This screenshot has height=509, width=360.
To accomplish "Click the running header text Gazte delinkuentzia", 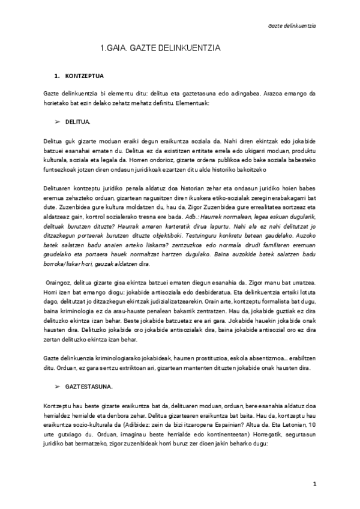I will coord(292,26).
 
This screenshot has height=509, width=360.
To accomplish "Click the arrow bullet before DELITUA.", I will coord(58,122).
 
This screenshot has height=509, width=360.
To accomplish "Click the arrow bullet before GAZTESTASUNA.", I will coord(58,382).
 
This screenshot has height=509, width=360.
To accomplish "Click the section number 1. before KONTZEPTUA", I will coord(57,77).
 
